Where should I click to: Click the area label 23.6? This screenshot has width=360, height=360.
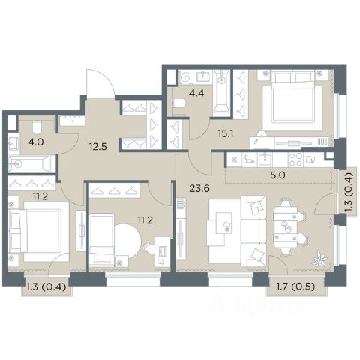pyautogui.click(x=199, y=189)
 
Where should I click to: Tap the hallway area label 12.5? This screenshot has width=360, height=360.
pyautogui.click(x=98, y=146)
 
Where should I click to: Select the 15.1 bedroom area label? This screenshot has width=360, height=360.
pyautogui.click(x=226, y=134)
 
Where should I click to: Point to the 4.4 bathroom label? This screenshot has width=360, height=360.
pyautogui.click(x=197, y=93)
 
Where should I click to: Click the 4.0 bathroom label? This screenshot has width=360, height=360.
pyautogui.click(x=36, y=142)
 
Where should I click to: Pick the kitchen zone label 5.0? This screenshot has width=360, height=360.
pyautogui.click(x=277, y=175)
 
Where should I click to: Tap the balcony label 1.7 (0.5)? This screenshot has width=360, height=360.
pyautogui.click(x=296, y=286)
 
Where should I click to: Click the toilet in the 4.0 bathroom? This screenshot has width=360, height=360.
pyautogui.click(x=37, y=127)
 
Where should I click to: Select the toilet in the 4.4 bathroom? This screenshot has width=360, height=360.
pyautogui.click(x=179, y=103)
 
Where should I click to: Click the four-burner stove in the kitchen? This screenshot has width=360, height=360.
pyautogui.click(x=295, y=160)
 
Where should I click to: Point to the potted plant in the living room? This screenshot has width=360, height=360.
pyautogui.click(x=319, y=259)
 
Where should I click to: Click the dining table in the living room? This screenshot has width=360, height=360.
pyautogui.click(x=285, y=227)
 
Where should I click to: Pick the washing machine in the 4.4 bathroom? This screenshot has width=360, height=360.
pyautogui.click(x=185, y=77)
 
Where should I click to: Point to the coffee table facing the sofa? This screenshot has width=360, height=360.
pyautogui.click(x=223, y=223)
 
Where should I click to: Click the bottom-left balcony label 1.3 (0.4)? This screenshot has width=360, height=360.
pyautogui.click(x=46, y=287)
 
